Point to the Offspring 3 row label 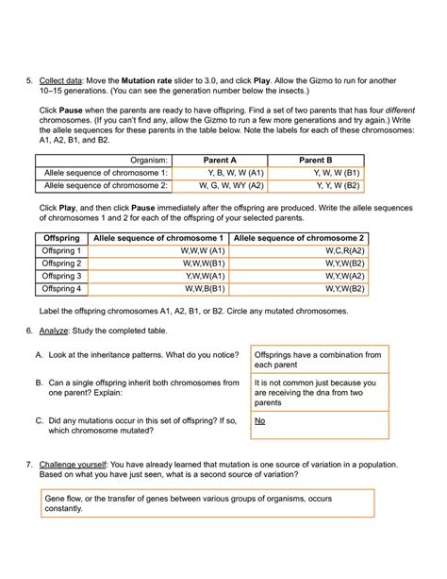[62, 276]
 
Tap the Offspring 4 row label [62, 288]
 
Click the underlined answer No [261, 421]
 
